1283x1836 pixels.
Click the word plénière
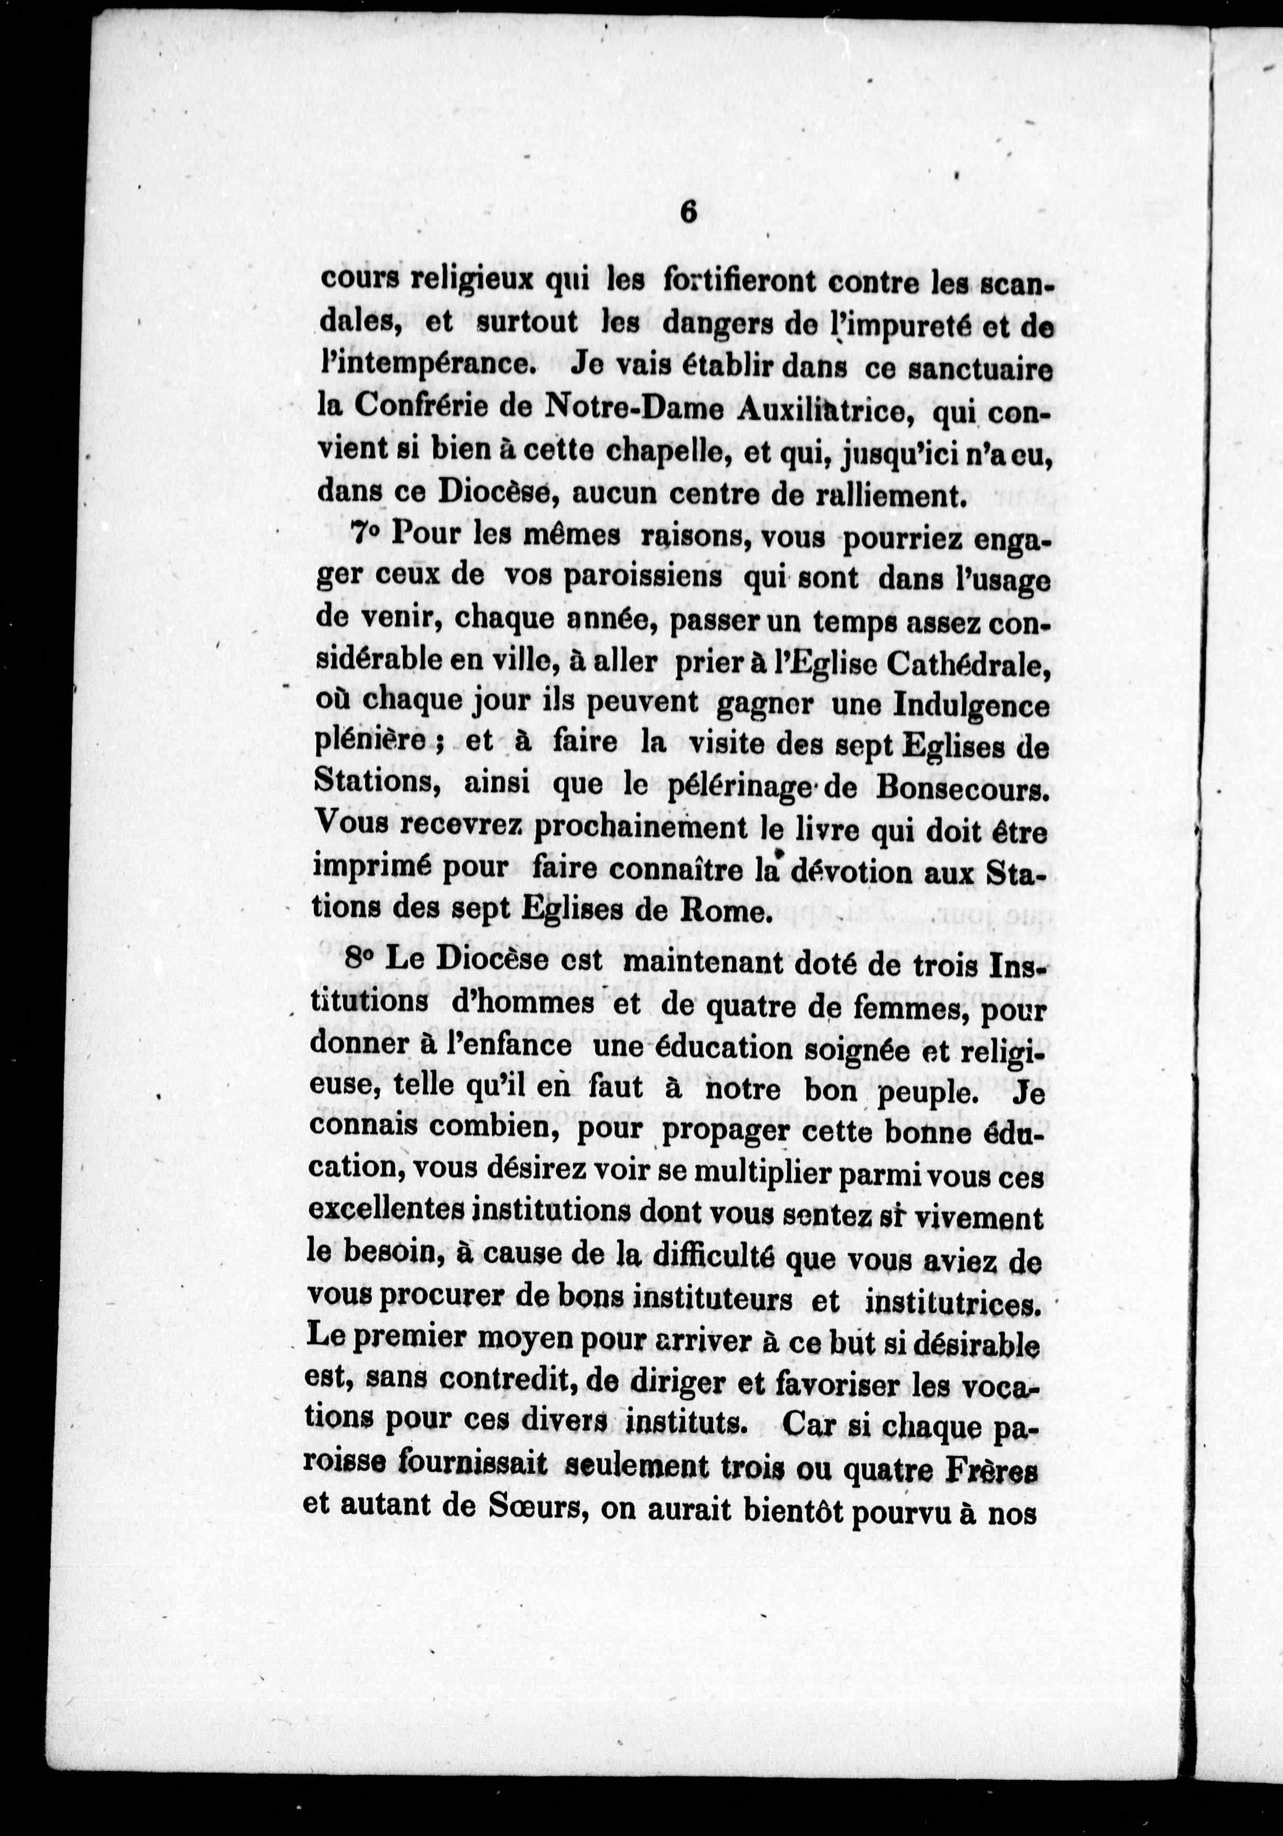tap(379, 744)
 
